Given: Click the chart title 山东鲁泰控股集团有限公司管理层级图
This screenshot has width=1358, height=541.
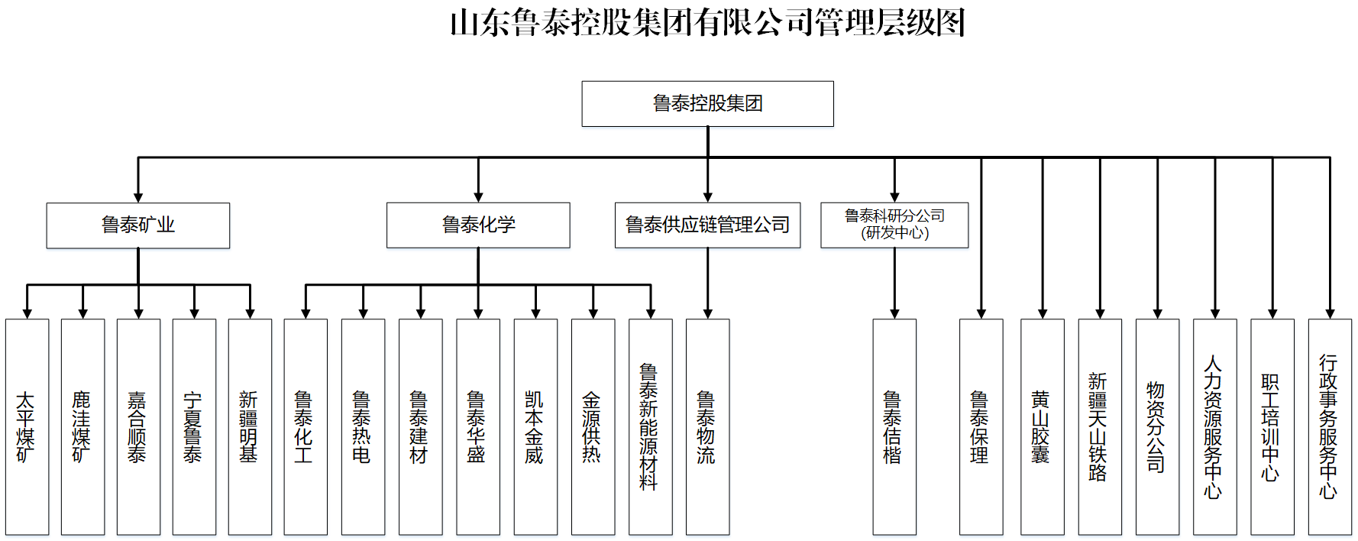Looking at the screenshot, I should tap(707, 23).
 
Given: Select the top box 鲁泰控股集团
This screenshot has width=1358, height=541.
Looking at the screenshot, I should tap(707, 103).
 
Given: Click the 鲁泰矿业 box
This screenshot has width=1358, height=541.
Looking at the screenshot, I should tap(137, 225).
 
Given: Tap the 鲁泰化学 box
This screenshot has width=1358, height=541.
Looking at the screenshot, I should tap(478, 225).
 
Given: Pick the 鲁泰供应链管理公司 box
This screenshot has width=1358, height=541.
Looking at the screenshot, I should tap(707, 225).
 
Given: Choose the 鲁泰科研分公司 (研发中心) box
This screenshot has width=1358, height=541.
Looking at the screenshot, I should tap(894, 225).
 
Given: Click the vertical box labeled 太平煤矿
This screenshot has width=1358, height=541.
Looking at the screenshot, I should tap(27, 426).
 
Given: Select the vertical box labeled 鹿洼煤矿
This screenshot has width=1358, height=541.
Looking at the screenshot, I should tap(82, 426).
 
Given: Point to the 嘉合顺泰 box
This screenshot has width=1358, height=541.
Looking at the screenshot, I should tap(138, 426).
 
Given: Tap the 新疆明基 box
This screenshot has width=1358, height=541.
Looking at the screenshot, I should tap(250, 426).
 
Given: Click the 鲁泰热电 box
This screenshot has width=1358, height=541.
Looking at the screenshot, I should tap(363, 426).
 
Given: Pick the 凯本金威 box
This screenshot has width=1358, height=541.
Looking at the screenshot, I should tap(535, 426).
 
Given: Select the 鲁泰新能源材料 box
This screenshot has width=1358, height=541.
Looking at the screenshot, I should tap(650, 426).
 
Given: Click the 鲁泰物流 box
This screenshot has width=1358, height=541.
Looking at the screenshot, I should tap(707, 426).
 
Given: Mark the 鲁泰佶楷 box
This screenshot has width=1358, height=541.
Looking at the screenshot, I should tap(894, 426).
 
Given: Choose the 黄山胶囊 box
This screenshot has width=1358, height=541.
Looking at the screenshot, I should tap(1042, 426).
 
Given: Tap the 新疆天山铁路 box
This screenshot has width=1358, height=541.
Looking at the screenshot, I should tap(1100, 426).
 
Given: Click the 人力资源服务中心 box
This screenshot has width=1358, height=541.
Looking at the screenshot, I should tap(1214, 426).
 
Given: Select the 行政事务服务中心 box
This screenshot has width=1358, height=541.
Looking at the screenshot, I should tap(1330, 426).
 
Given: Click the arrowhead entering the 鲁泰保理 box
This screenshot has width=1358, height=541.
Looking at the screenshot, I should tap(981, 313).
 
